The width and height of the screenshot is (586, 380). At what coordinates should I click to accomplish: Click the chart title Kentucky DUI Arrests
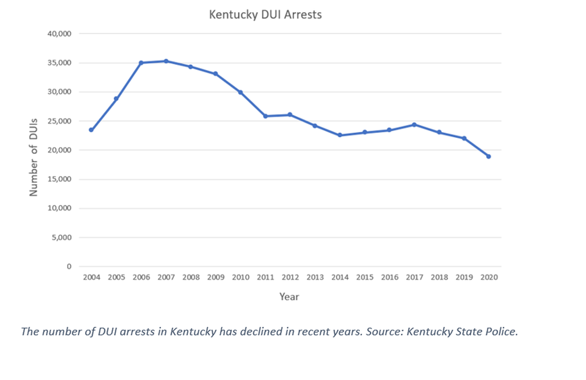[265, 14]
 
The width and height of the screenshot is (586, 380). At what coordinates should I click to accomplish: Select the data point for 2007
[166, 61]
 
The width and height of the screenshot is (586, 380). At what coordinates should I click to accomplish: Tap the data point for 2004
[91, 130]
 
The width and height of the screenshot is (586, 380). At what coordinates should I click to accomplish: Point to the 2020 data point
[489, 156]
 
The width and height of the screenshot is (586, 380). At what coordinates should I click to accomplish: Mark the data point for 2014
[340, 135]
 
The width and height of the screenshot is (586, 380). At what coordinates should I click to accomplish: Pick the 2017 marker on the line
[414, 125]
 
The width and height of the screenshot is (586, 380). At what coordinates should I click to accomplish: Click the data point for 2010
[240, 92]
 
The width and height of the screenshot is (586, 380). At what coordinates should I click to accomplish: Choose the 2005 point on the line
[116, 99]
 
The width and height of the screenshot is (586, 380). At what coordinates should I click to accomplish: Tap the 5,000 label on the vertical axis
[62, 238]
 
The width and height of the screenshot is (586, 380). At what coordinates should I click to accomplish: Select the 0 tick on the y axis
[69, 267]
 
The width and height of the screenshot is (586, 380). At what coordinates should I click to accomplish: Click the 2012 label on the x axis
[290, 277]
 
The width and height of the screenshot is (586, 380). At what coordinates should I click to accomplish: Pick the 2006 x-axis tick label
[141, 277]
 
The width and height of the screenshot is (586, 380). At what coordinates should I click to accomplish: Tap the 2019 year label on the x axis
[464, 277]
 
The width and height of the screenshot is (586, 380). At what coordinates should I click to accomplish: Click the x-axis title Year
[289, 296]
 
